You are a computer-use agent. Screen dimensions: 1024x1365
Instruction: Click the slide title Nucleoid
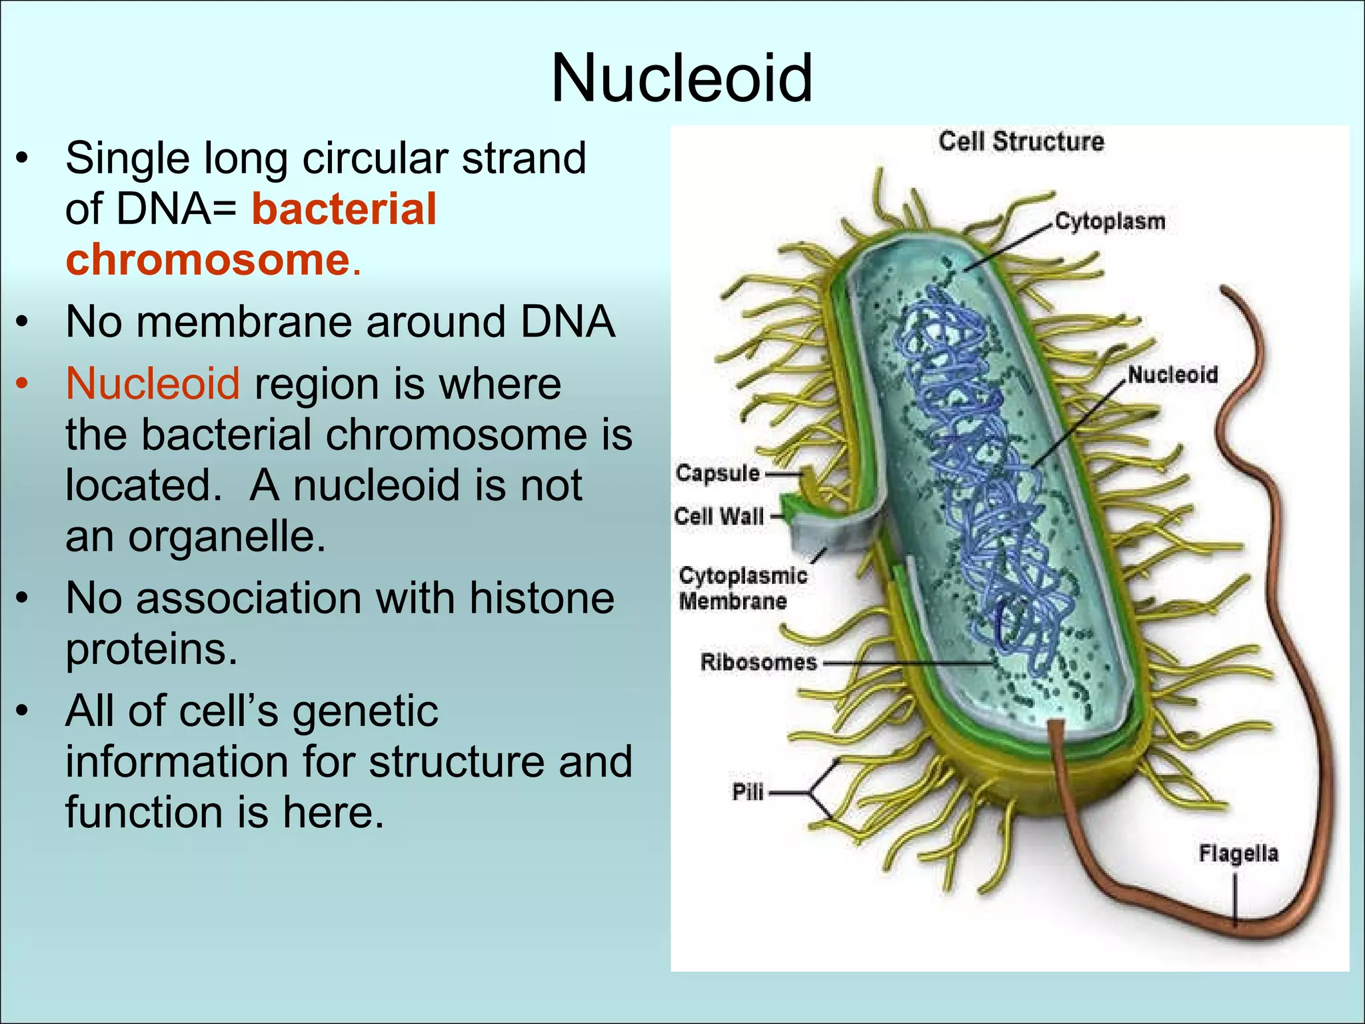coord(681,79)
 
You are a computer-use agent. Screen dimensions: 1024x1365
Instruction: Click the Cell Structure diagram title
coord(1021,142)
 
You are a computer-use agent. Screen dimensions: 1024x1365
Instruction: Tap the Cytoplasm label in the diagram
coord(1110,221)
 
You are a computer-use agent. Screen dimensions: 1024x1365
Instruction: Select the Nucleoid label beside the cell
coord(1172,375)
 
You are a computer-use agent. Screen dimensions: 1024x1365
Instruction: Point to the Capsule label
coord(717,473)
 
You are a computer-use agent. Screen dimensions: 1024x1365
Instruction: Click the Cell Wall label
coord(718,516)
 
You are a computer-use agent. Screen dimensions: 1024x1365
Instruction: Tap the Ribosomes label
coord(758,662)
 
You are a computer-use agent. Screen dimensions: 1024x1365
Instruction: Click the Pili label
coord(747,792)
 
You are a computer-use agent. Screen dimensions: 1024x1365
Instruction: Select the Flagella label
coord(1238,853)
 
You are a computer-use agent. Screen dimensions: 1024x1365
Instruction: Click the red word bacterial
coord(344,209)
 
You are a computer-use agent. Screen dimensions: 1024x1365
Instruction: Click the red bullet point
coord(23,385)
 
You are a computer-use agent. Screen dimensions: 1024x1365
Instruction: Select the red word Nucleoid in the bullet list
coord(153,385)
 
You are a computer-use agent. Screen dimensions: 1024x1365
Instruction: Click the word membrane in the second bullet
coord(245,323)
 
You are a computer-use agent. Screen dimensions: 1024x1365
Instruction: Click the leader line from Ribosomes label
coord(906,663)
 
